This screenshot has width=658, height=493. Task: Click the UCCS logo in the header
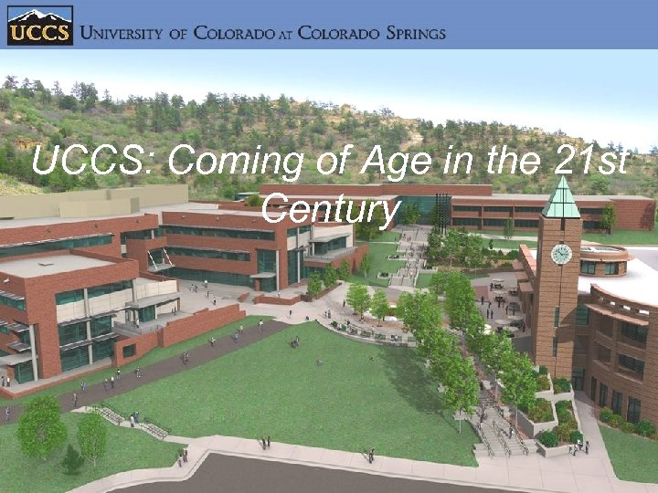[39, 26]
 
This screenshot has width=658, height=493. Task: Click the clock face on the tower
[561, 253]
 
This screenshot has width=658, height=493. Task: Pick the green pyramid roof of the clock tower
[560, 199]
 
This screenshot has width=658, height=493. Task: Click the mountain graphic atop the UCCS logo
[39, 16]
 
